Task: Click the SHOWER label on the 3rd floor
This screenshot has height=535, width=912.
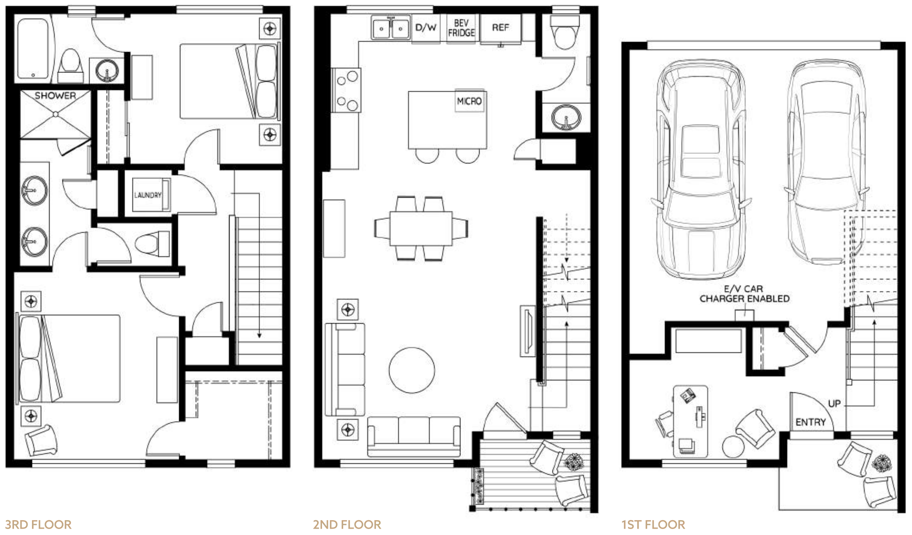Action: point(55,96)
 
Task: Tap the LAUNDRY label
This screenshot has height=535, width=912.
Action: point(148,195)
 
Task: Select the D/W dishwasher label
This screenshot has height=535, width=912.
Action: point(426,27)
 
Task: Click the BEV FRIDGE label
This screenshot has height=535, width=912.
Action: point(461,28)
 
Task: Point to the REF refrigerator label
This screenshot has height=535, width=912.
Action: point(500,27)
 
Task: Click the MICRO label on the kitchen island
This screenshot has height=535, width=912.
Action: point(469,101)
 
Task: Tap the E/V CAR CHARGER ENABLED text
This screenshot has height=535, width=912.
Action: point(744,294)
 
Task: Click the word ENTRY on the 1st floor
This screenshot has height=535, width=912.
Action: point(811,422)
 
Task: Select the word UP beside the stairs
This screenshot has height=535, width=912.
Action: point(834,403)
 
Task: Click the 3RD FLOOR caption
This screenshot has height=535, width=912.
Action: point(38,524)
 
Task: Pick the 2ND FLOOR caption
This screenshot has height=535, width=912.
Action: point(347,524)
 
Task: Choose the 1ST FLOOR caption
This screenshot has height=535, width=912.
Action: point(653,524)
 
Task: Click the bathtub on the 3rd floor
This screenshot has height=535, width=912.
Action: point(33,48)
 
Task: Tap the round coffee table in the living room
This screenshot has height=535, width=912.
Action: point(412,370)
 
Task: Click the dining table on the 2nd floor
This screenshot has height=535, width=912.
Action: point(421,228)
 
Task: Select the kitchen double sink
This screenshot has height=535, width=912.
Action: point(390,28)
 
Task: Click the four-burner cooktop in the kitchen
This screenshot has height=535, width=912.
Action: point(346,90)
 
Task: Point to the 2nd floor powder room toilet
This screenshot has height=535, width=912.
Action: point(565,32)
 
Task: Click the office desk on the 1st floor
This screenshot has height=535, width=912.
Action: point(690,421)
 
